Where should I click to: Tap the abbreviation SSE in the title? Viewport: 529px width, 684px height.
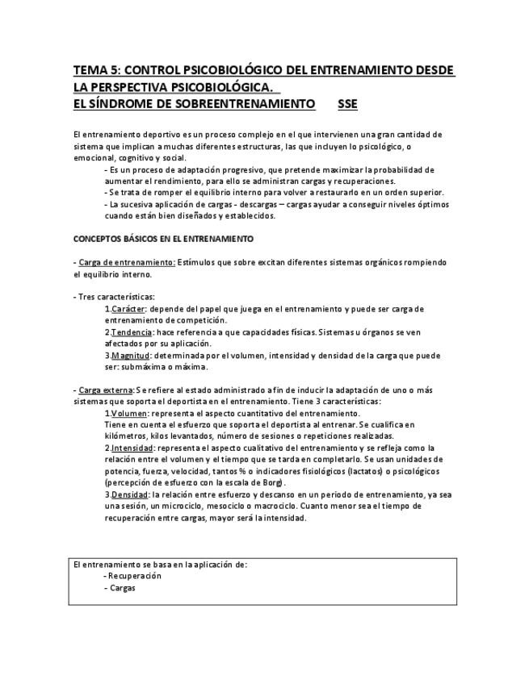click(348, 105)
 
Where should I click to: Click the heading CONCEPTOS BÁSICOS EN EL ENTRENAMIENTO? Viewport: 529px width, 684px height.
click(163, 240)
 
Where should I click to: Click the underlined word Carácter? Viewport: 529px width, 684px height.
click(128, 309)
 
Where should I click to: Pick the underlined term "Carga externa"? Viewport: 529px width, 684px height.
click(106, 390)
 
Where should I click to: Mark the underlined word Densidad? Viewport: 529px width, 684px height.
click(130, 494)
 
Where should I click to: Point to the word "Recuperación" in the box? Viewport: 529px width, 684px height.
click(135, 577)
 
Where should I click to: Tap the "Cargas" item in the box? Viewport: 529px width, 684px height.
click(122, 589)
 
